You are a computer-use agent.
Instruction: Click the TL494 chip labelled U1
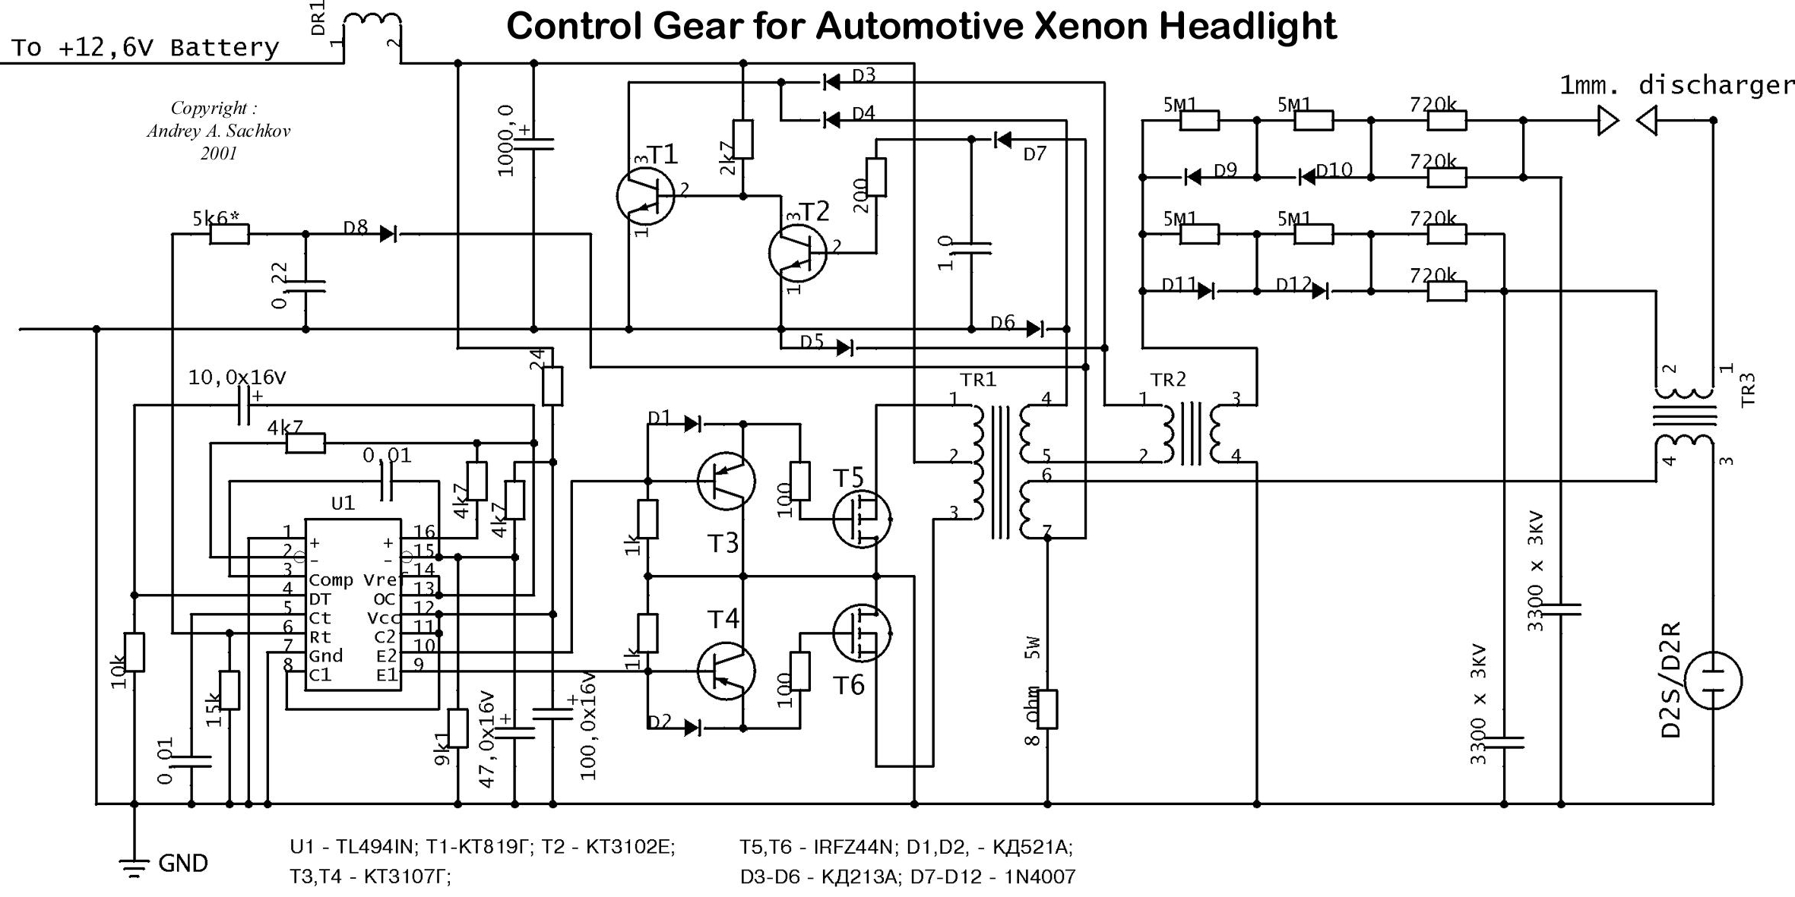point(353,605)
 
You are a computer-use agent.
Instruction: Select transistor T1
point(645,196)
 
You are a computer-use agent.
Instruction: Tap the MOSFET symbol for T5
point(862,519)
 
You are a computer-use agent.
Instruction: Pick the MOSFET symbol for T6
point(862,633)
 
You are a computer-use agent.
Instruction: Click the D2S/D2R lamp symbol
point(1713,681)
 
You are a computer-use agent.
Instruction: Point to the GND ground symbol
point(135,867)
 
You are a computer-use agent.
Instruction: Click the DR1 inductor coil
point(372,24)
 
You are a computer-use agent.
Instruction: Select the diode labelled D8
point(388,234)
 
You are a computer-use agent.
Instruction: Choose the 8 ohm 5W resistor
point(1047,709)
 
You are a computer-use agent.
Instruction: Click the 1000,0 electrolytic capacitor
point(533,144)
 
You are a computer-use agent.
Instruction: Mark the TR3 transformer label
point(1748,389)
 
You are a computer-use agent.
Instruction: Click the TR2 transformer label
point(1167,379)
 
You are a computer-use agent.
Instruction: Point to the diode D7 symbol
point(1002,140)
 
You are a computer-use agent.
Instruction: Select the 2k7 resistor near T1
point(743,139)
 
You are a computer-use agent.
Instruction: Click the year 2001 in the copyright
point(219,153)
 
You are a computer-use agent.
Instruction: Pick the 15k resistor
point(230,690)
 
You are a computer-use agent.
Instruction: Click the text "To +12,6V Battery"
point(145,48)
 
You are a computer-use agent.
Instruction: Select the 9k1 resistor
point(457,728)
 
